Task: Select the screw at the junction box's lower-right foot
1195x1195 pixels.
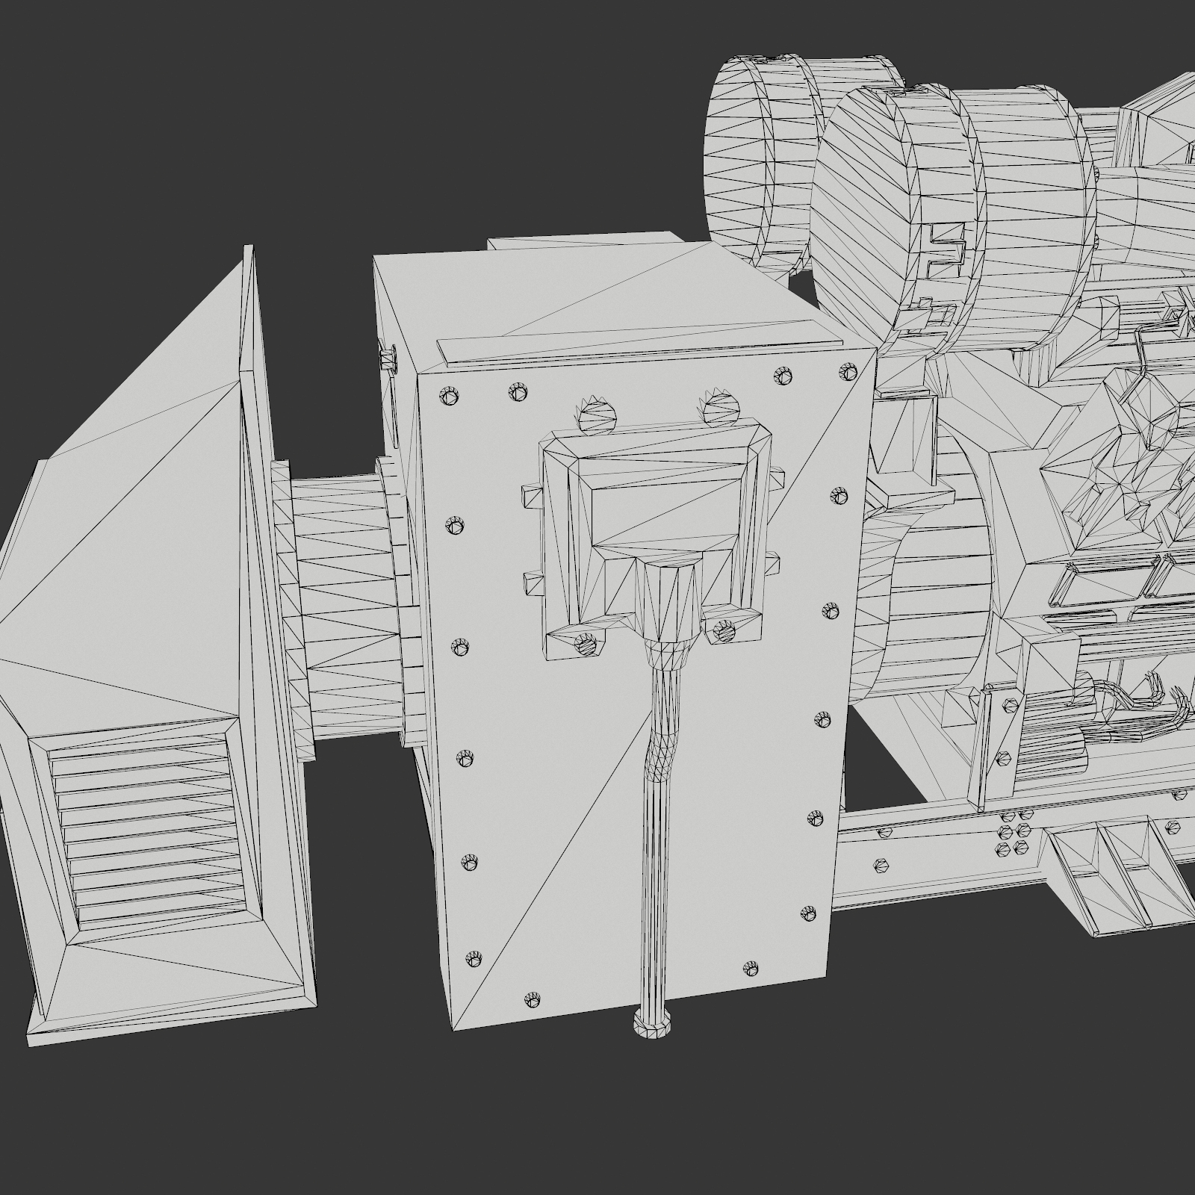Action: coord(724,631)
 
